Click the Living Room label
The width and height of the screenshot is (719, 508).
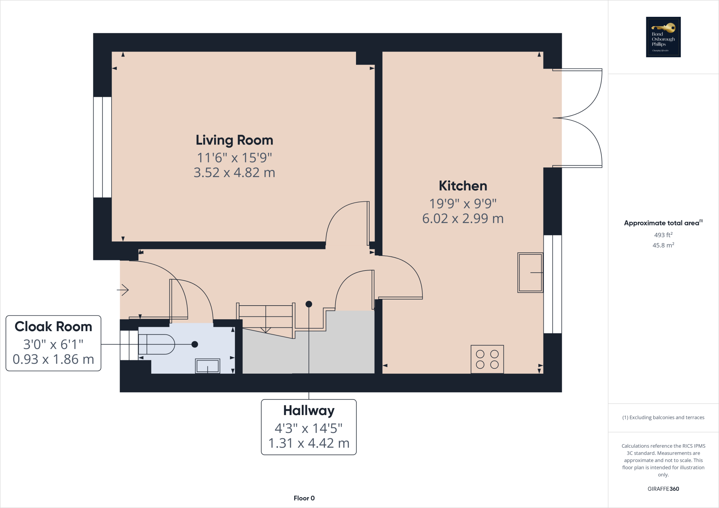(x=234, y=140)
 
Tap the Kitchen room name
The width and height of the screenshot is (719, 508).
(x=463, y=186)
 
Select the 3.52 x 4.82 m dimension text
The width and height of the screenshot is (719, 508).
(x=234, y=173)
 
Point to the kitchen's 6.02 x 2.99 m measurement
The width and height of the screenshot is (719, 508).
(x=463, y=219)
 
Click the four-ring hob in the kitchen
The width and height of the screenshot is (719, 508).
(x=487, y=359)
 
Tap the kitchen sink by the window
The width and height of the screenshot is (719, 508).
(x=530, y=273)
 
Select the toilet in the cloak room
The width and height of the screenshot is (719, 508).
(x=156, y=344)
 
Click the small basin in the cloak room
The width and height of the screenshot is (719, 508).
(x=207, y=366)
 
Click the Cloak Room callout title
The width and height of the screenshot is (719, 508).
(x=53, y=327)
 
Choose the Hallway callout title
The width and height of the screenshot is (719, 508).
(x=309, y=410)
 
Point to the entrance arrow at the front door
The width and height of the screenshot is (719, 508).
(x=123, y=290)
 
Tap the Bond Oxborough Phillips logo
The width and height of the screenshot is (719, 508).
(x=663, y=37)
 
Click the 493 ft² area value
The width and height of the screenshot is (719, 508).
(x=663, y=235)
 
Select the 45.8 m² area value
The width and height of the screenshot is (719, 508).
(x=663, y=245)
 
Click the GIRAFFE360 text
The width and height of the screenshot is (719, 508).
(x=663, y=489)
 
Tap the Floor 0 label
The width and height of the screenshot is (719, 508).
(x=304, y=498)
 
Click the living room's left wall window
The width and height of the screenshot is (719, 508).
(x=102, y=147)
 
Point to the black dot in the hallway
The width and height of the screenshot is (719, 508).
(x=309, y=304)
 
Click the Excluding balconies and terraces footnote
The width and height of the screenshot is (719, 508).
(x=663, y=417)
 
